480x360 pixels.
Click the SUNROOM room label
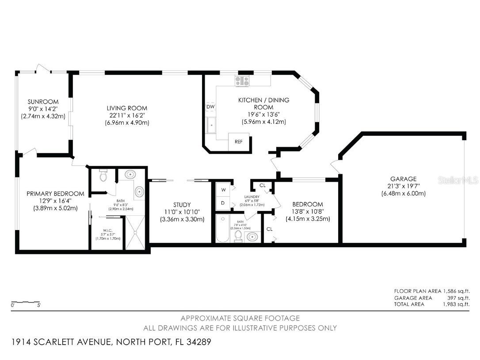point(43,102)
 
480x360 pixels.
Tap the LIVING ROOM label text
point(127,108)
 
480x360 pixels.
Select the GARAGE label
point(403,179)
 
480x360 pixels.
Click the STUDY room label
point(182,205)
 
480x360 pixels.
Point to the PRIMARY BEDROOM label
point(55,194)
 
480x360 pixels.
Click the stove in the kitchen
point(242,81)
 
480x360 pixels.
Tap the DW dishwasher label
point(210,107)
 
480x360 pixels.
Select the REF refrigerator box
point(239,142)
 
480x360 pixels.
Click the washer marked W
point(223,190)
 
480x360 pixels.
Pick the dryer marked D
point(223,203)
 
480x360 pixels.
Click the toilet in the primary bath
point(103,176)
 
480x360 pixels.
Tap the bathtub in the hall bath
point(223,229)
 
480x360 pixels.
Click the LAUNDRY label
point(251,196)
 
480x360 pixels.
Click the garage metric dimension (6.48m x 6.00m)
point(403,193)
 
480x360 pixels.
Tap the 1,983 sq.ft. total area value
point(456,304)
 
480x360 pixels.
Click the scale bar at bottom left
point(26,303)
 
